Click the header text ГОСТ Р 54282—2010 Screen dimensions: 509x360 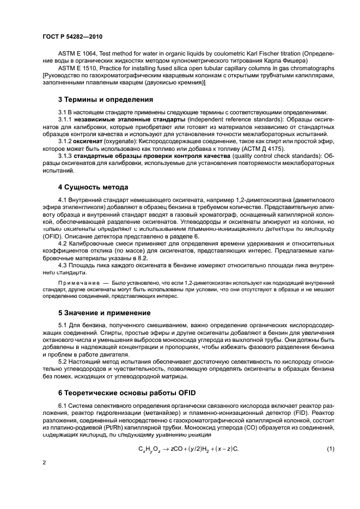point(70,37)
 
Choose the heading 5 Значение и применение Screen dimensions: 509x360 point(105,314)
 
